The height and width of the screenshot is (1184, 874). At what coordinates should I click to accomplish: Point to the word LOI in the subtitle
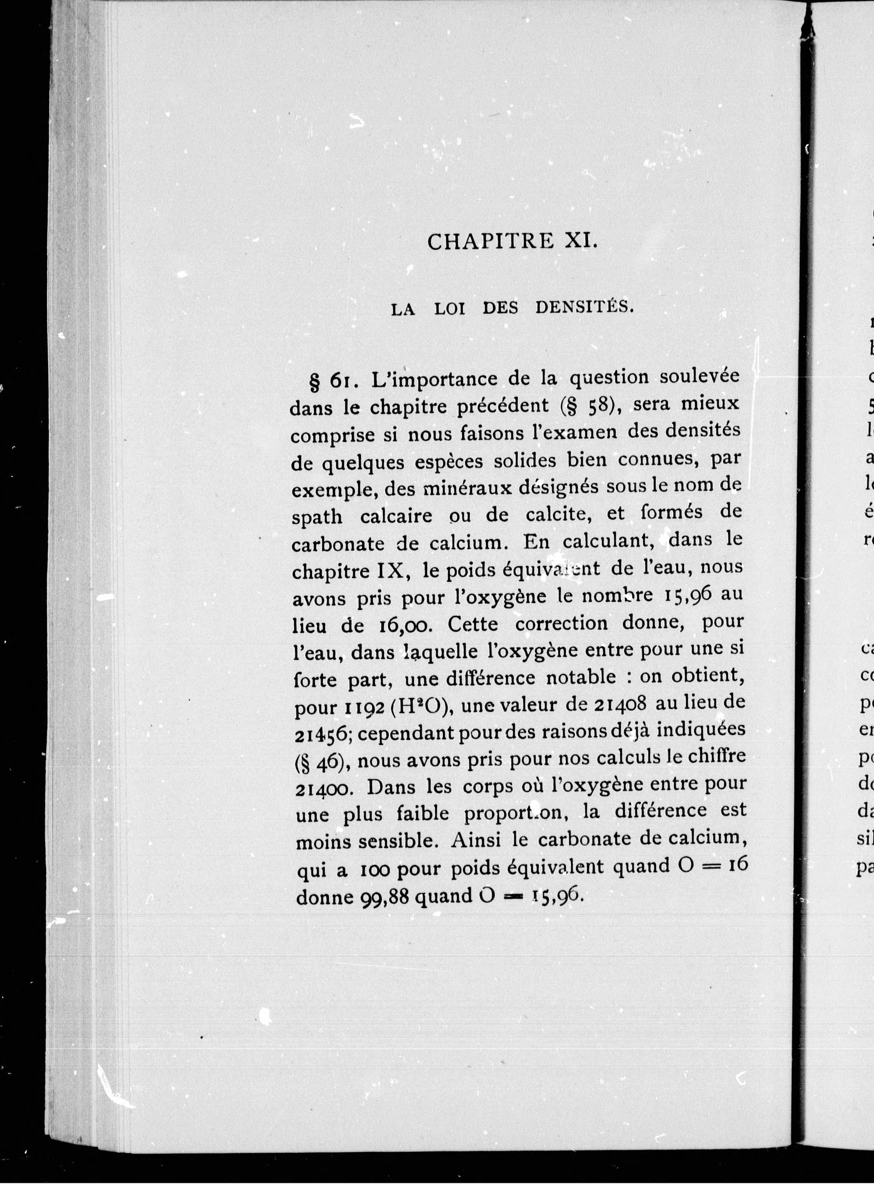[450, 309]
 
